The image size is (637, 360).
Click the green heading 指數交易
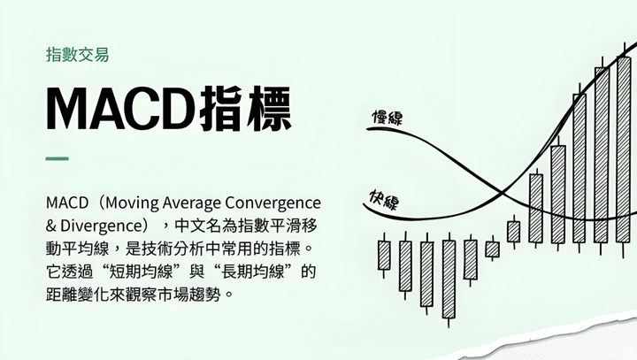point(78,55)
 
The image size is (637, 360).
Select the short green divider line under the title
point(58,158)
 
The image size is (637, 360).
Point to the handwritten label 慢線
point(388,117)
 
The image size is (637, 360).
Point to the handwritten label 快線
point(384,200)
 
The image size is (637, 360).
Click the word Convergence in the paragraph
point(273,203)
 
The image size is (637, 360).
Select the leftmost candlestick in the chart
point(384,255)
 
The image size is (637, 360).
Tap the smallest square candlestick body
point(493,249)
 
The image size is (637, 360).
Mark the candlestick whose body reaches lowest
point(449,280)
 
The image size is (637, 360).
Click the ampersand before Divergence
point(50,226)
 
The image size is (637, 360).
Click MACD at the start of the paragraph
point(67,203)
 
